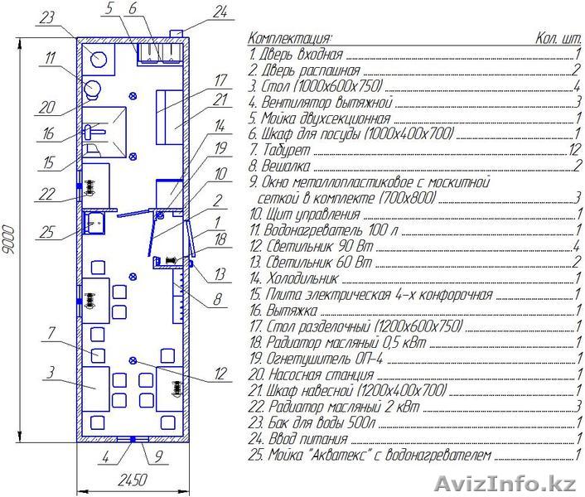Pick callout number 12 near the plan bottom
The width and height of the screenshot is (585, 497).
[220, 374]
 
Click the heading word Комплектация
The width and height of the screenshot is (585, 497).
[290, 38]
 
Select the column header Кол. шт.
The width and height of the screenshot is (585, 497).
[557, 38]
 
